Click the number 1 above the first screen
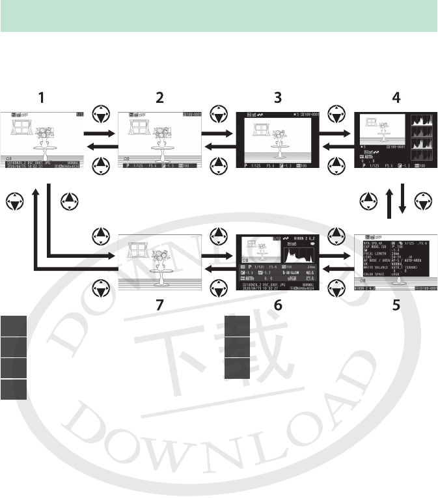coord(42,98)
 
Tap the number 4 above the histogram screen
coord(396,98)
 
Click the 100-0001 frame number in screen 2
coord(193,115)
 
